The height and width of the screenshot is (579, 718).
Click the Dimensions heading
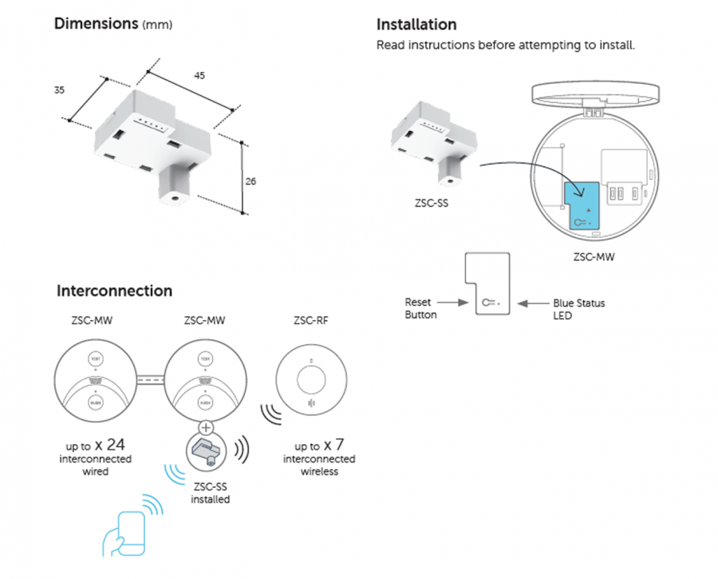coord(97,23)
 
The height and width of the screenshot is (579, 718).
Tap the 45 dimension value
coord(199,76)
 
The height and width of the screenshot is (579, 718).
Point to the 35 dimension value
coord(59,90)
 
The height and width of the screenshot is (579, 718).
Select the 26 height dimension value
coord(251,181)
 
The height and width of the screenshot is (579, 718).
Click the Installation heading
coord(416,25)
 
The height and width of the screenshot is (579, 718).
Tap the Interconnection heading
coord(114,291)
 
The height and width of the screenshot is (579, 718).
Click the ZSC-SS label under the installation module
coord(432,204)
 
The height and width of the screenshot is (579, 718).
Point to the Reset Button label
coord(420,309)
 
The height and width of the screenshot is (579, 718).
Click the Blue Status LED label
coord(578,309)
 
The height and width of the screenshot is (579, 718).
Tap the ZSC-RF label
coord(310,322)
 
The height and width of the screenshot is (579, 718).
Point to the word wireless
coord(319,471)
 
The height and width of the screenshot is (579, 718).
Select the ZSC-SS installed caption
coord(210,493)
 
